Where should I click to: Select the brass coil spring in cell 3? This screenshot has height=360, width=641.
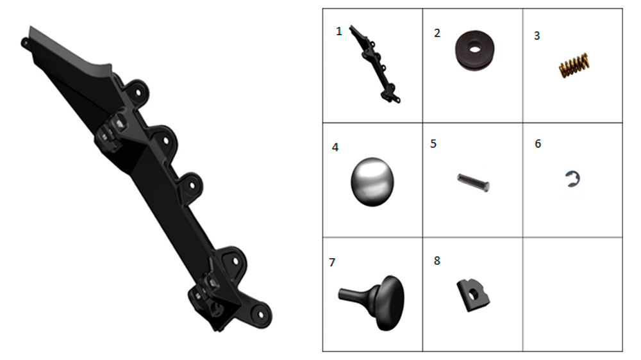click(x=574, y=65)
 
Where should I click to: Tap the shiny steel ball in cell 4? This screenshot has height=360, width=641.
click(x=372, y=182)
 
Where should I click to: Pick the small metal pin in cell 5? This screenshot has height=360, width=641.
click(x=473, y=183)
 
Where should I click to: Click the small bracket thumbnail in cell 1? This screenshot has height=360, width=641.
click(x=374, y=64)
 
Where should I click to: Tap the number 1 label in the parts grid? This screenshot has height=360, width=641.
click(x=338, y=31)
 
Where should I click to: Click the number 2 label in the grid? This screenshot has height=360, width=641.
click(x=437, y=33)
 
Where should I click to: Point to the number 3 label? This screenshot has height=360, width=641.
click(x=537, y=36)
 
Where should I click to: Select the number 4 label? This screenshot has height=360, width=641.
click(x=335, y=147)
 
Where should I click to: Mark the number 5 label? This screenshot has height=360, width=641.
click(x=433, y=144)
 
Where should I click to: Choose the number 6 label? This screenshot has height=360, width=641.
click(x=538, y=144)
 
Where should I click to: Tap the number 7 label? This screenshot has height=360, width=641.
click(x=332, y=263)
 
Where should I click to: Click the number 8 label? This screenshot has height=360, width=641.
click(x=437, y=261)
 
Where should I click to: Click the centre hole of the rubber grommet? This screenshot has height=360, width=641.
click(x=474, y=49)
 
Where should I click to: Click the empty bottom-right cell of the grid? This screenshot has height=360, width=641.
click(x=572, y=294)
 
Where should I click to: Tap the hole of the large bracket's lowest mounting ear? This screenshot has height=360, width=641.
click(x=260, y=315)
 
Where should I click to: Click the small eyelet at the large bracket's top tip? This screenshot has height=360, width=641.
click(x=24, y=42)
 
